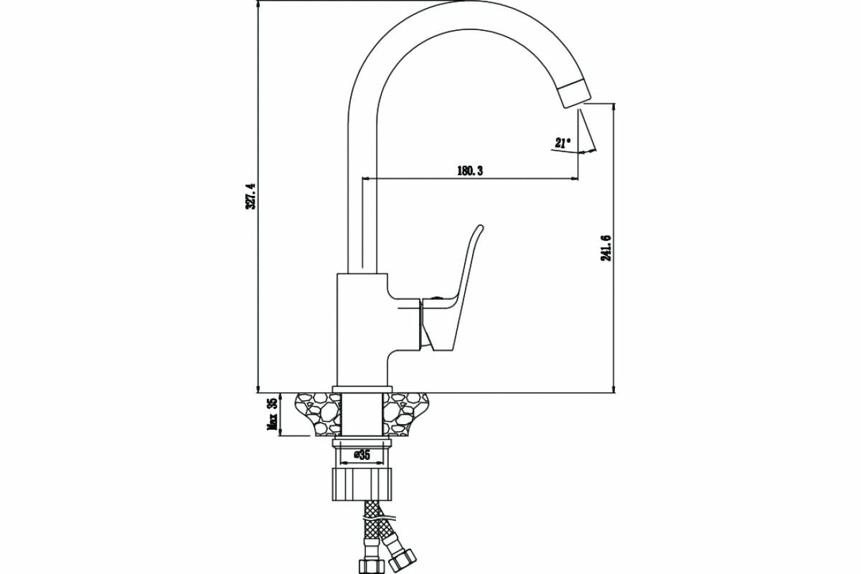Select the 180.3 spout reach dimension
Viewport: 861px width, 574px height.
click(469, 170)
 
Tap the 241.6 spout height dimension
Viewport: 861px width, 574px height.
click(606, 248)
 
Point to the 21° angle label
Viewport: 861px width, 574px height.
click(562, 143)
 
